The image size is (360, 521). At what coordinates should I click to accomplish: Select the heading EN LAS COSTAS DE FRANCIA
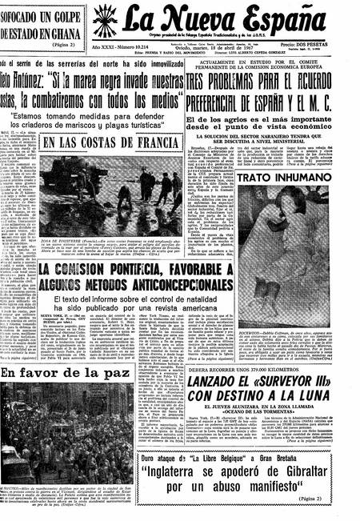pyautogui.click(x=100, y=143)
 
